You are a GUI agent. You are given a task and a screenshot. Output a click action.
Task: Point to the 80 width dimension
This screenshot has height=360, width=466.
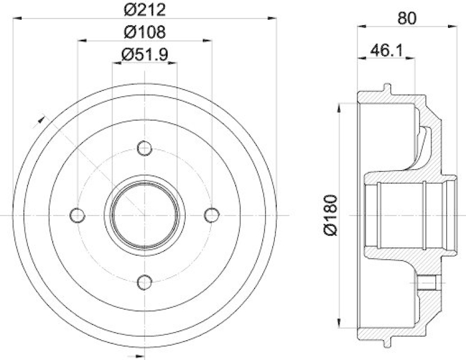[407, 18]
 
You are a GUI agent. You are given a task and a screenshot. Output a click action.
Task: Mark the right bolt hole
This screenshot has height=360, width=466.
[211, 215]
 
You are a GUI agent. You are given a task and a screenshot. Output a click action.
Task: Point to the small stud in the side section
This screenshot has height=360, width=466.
[429, 284]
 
